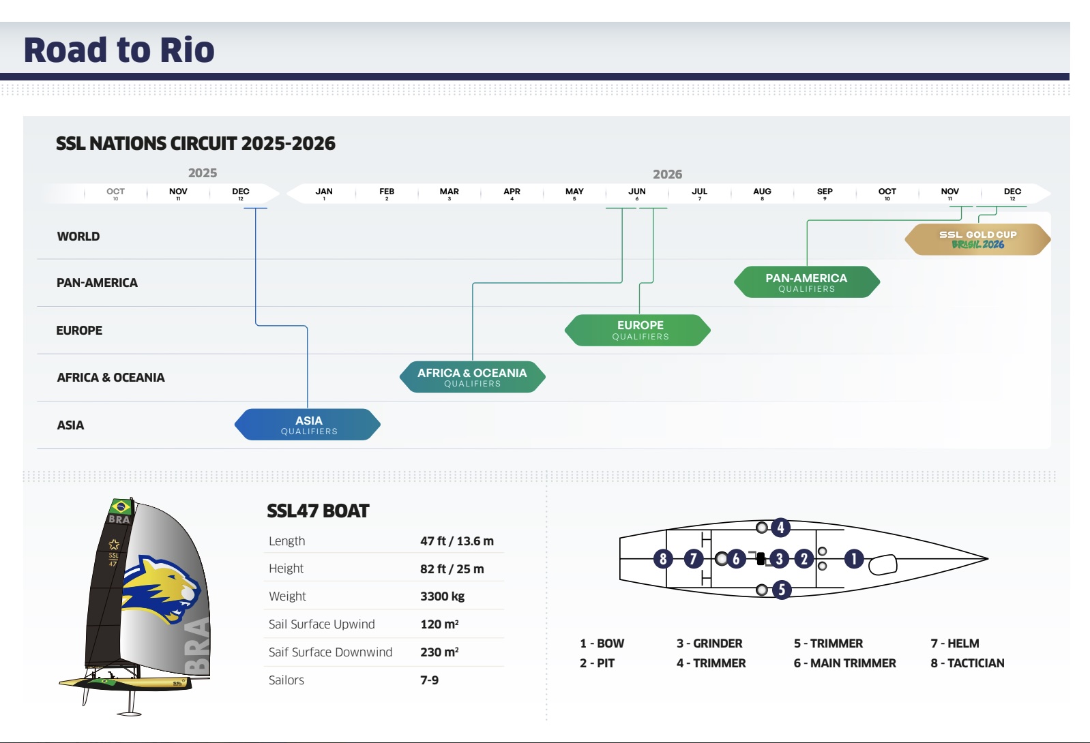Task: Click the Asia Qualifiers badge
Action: coord(308,425)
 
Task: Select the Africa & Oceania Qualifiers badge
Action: coord(472,377)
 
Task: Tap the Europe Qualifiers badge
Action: coord(638,330)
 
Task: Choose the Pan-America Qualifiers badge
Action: coord(807,282)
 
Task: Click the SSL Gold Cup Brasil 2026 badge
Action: coord(977,239)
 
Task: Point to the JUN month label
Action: coord(637,192)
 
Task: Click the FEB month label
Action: coord(387,192)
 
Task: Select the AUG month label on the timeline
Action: coord(762,192)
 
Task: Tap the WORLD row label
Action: coord(78,237)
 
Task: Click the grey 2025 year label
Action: coord(203,173)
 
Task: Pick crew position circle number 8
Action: coord(663,559)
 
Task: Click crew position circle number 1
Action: coord(853,559)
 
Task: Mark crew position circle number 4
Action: coord(780,528)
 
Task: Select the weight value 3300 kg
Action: coord(442,596)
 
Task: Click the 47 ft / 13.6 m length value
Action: coord(457,541)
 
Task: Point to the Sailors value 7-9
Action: coord(429,680)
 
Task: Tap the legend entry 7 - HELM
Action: coord(955,643)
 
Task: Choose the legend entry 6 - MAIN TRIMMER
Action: coord(844,663)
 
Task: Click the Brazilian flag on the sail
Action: coord(121,506)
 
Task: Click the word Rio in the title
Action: coord(188,50)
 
